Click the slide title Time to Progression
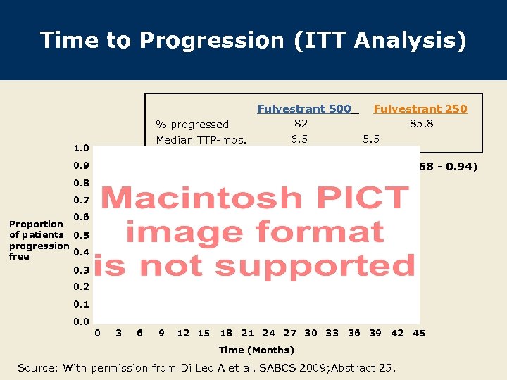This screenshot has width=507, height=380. click(x=253, y=40)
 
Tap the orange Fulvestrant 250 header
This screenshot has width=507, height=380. click(x=420, y=108)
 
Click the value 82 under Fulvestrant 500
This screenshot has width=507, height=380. click(x=301, y=124)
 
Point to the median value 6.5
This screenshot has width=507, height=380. click(x=299, y=139)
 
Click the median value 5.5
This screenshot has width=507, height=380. click(x=370, y=139)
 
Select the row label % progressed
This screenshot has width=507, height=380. click(x=192, y=125)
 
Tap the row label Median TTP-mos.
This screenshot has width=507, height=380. click(x=201, y=140)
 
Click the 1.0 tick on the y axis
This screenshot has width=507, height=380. click(x=81, y=148)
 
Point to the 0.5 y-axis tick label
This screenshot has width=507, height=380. click(x=81, y=235)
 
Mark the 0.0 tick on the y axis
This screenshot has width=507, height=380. click(x=81, y=322)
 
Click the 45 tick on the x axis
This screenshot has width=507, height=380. click(x=419, y=333)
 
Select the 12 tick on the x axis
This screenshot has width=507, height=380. click(x=183, y=333)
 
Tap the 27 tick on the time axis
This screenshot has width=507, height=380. click(x=289, y=333)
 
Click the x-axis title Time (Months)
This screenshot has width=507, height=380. click(x=256, y=350)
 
